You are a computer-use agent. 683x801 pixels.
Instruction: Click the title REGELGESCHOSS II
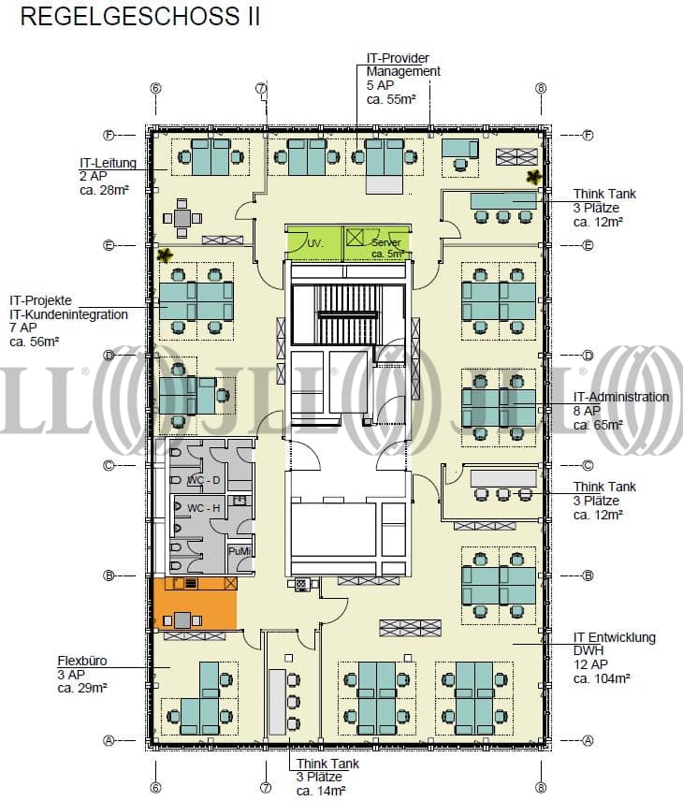pos(140,16)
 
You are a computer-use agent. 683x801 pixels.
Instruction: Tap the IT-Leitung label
pos(108,163)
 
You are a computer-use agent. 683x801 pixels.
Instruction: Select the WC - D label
pos(203,480)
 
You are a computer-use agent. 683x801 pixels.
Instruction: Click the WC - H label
pos(203,508)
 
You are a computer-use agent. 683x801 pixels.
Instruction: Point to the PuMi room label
pos(240,552)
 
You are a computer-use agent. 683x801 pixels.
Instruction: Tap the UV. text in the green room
pos(315,244)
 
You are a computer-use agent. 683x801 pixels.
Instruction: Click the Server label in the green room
pos(386,242)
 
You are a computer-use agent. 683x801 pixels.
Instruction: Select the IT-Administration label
pos(620,397)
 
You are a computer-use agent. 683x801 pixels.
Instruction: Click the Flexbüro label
pos(82,661)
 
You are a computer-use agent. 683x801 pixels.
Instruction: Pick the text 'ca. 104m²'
pos(602,679)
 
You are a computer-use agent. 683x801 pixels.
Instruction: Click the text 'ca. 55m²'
pos(391,99)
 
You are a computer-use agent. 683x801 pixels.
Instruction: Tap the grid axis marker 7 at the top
pos(261,88)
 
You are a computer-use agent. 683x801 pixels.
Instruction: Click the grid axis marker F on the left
pos(109,136)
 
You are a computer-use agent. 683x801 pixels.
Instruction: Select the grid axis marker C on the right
pos(588,465)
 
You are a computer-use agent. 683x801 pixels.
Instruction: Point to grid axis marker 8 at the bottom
pos(541,787)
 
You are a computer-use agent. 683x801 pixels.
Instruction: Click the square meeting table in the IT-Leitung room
pos(182,218)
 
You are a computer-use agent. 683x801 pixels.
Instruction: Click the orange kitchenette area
pos(195,603)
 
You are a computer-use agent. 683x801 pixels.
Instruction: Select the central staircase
pos(348,314)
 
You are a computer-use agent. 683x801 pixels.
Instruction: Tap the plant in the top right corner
pos(534,177)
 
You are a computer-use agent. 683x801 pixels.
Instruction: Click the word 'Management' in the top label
pos(403,71)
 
